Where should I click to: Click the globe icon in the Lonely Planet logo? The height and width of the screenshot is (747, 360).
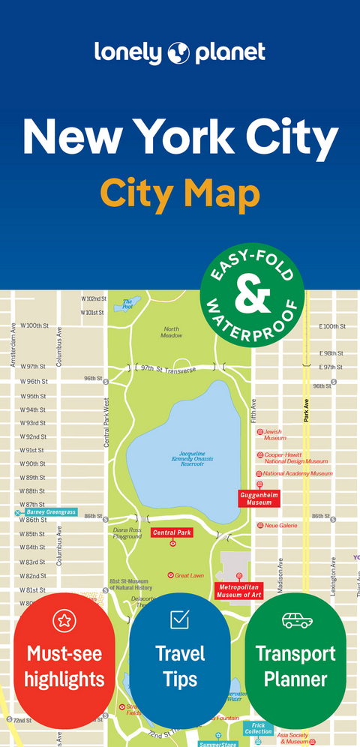point(180,52)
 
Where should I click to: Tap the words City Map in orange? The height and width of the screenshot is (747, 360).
point(180,193)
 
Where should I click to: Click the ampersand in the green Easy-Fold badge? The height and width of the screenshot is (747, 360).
point(252,297)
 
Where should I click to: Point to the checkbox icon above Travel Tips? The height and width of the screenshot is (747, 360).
point(180,619)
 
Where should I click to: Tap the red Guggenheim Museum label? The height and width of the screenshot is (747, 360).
point(259,498)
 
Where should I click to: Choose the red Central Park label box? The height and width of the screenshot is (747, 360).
point(172,533)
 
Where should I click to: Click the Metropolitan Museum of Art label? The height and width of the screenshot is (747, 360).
point(240,590)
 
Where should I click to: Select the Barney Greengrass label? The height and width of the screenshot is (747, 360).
point(50,511)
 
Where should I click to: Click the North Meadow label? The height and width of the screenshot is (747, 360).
point(172,332)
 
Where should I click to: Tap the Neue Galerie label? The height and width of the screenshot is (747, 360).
point(280,526)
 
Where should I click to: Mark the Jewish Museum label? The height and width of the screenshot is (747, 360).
point(274,434)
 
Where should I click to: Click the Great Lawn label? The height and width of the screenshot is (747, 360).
point(189,575)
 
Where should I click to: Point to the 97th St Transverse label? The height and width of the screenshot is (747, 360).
point(168,369)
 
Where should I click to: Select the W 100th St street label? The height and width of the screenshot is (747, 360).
point(34,325)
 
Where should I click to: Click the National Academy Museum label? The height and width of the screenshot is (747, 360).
point(297,473)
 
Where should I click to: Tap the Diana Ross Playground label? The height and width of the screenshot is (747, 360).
point(127,533)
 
